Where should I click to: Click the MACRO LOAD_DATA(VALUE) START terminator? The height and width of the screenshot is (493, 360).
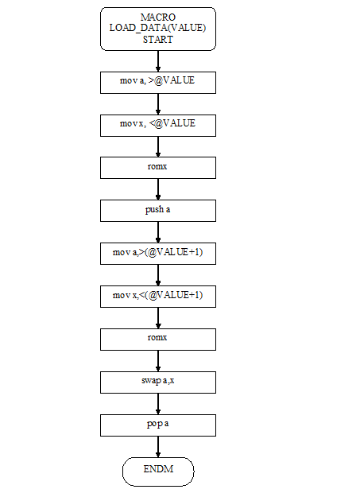pyautogui.click(x=158, y=29)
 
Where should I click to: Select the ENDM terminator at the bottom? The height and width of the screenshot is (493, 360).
pyautogui.click(x=158, y=472)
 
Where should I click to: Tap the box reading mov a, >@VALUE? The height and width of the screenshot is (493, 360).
pyautogui.click(x=158, y=83)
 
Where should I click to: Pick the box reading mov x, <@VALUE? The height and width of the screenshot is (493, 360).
pyautogui.click(x=158, y=126)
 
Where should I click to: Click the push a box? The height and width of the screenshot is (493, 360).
pyautogui.click(x=158, y=211)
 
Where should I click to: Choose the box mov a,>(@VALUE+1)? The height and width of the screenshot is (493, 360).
pyautogui.click(x=158, y=254)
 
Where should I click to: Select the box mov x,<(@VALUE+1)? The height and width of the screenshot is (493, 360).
pyautogui.click(x=158, y=297)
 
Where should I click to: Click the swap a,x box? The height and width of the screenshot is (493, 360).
pyautogui.click(x=158, y=382)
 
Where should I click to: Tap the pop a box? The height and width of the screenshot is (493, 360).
pyautogui.click(x=158, y=425)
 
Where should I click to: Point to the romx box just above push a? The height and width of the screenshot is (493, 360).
pyautogui.click(x=158, y=168)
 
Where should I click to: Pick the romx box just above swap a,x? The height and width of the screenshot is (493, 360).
pyautogui.click(x=158, y=340)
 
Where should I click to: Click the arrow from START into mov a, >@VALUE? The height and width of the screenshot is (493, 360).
pyautogui.click(x=158, y=61)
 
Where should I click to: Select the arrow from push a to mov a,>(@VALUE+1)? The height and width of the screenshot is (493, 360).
pyautogui.click(x=158, y=232)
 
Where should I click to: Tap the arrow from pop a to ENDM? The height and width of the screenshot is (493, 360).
pyautogui.click(x=158, y=447)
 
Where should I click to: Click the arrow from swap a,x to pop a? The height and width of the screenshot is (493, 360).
pyautogui.click(x=158, y=404)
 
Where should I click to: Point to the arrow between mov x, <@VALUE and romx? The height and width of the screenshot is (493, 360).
pyautogui.click(x=158, y=147)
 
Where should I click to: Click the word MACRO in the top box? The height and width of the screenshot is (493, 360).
pyautogui.click(x=158, y=17)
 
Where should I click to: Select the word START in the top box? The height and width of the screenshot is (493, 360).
pyautogui.click(x=158, y=40)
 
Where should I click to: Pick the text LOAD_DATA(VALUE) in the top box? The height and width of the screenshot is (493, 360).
pyautogui.click(x=157, y=28)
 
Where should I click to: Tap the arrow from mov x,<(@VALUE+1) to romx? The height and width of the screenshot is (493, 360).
pyautogui.click(x=158, y=318)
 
